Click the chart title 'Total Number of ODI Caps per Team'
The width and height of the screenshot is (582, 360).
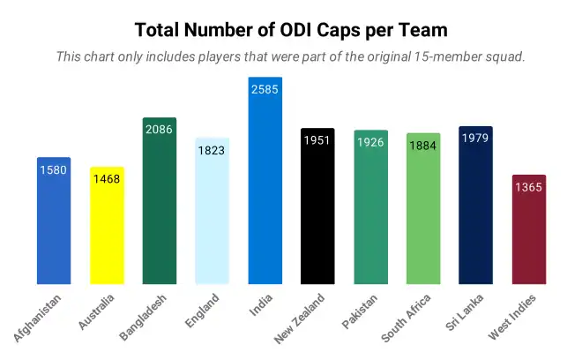click(x=291, y=29)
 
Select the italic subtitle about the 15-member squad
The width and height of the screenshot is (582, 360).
click(x=291, y=56)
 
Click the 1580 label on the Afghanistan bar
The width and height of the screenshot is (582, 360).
click(x=54, y=169)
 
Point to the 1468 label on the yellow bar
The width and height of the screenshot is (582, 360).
click(x=107, y=179)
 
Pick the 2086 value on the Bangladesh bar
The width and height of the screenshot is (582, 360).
click(x=160, y=130)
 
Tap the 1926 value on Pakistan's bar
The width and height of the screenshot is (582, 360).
click(x=370, y=142)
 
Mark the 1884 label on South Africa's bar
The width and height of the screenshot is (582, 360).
click(x=423, y=146)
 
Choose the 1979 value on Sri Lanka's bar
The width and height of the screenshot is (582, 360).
click(x=476, y=139)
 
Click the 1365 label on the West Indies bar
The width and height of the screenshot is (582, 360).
click(x=529, y=187)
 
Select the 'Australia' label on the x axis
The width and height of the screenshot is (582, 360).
click(x=96, y=311)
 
